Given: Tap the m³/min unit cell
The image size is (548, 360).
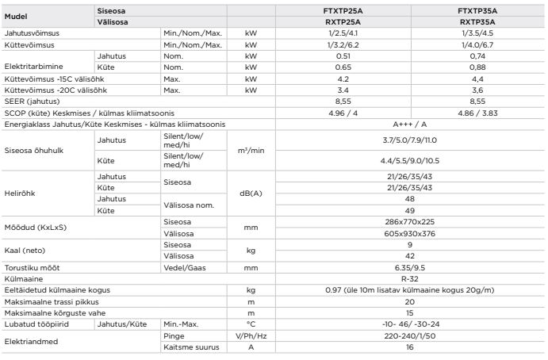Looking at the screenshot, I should pyautogui.click(x=251, y=150).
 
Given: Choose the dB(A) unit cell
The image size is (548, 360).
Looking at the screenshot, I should pyautogui.click(x=251, y=192).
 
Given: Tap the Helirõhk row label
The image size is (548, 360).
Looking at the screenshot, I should pyautogui.click(x=21, y=192).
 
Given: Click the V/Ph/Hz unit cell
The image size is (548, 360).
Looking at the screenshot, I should pyautogui.click(x=251, y=336).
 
